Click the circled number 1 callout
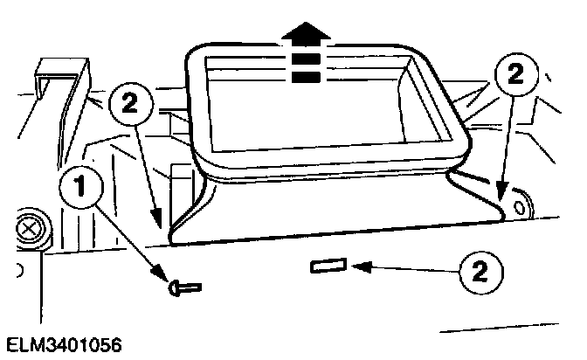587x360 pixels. coord(79,186)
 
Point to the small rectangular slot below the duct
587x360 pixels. coord(329,266)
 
